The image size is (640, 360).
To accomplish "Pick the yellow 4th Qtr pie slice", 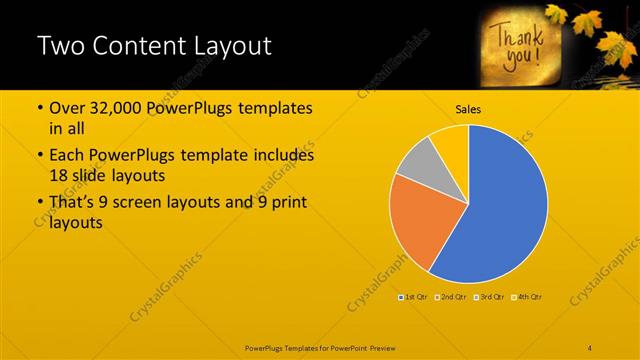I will point(450,141).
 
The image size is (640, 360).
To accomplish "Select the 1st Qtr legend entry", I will point(414,297).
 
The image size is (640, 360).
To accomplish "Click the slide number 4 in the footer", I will point(590,347).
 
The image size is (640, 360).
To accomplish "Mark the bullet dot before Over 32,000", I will point(39,109).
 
